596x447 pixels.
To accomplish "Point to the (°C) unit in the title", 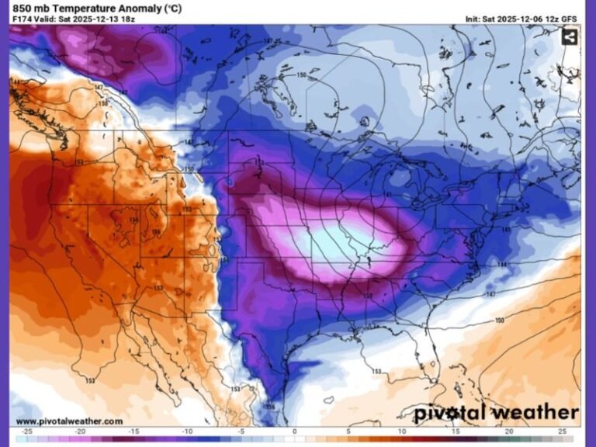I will (x=170, y=8).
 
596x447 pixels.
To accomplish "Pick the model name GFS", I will (x=570, y=19).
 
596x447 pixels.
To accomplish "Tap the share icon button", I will (x=570, y=36).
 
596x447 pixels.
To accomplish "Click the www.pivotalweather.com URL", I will (x=69, y=421).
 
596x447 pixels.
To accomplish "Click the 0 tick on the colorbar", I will (x=294, y=431).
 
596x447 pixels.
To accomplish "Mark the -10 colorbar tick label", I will (x=187, y=431).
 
